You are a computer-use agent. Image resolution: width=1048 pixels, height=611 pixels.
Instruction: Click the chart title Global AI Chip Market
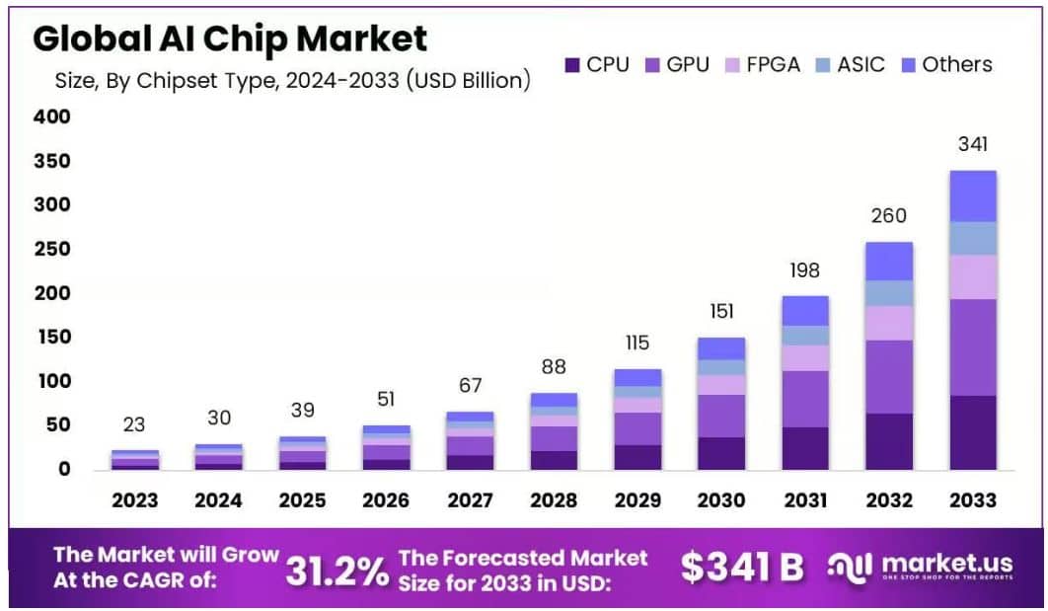[x=230, y=38]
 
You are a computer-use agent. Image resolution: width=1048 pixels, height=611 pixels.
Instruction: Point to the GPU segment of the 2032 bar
[x=889, y=376]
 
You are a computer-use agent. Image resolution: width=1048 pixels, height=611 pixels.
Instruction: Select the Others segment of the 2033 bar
[x=972, y=195]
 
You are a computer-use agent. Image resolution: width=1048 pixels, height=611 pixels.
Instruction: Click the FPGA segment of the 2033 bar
[x=972, y=276]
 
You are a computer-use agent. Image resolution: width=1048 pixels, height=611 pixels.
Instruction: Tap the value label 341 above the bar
[x=972, y=145]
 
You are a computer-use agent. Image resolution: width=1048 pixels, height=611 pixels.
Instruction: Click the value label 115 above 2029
[x=637, y=344]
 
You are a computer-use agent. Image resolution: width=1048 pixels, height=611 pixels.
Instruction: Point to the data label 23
[x=134, y=425]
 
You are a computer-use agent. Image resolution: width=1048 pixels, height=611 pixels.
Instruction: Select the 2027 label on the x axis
[x=470, y=500]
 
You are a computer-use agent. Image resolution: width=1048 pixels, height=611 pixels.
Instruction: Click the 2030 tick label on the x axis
[x=721, y=500]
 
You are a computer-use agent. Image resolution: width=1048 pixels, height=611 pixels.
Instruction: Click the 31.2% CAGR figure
[x=337, y=570]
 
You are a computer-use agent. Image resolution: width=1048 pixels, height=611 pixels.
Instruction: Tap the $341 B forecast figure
[x=742, y=567]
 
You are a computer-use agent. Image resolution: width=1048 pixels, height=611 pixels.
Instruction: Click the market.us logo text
[x=947, y=564]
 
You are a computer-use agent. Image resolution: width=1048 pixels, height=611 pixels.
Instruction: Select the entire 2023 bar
[x=134, y=460]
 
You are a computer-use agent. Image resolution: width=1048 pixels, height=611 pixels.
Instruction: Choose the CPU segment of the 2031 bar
[x=805, y=448]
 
